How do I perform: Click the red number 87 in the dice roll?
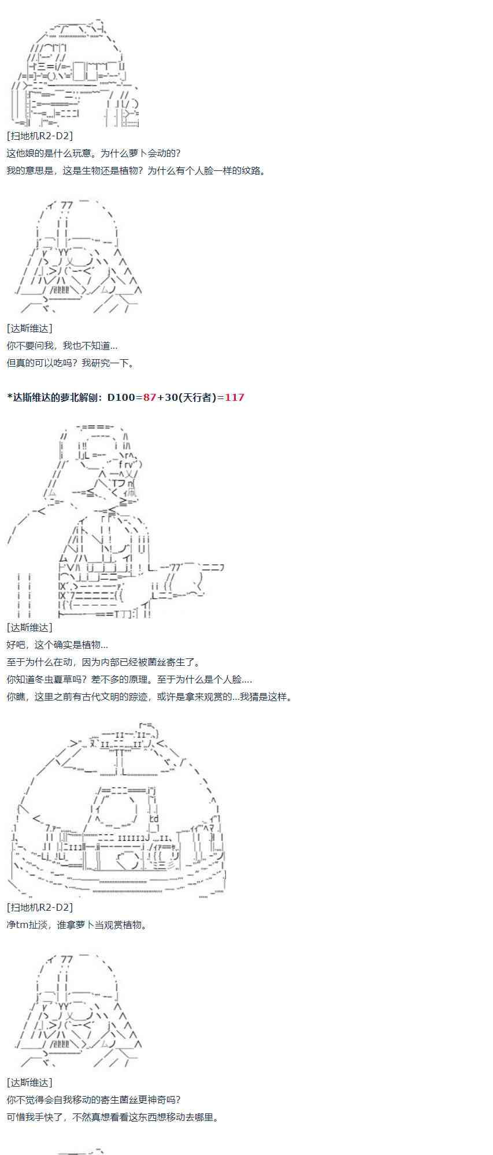click(x=150, y=397)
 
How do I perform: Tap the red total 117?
click(x=235, y=397)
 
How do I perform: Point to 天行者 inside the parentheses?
click(x=197, y=397)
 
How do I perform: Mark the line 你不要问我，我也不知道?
click(x=62, y=346)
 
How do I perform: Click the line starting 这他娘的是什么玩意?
click(x=94, y=153)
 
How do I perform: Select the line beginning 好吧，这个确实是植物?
click(x=57, y=644)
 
